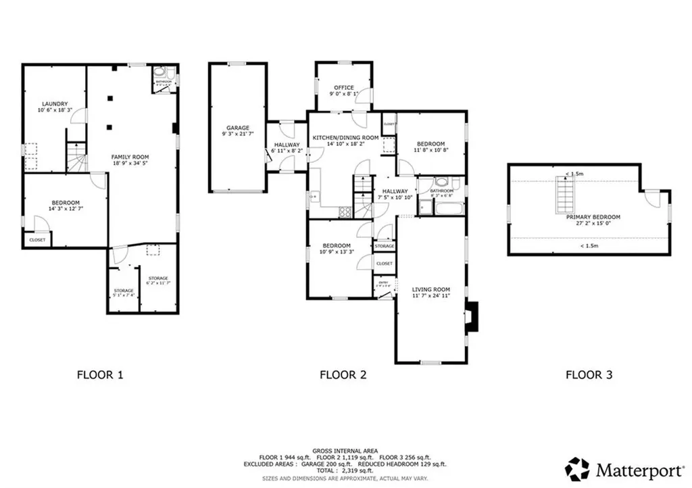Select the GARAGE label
[238, 128]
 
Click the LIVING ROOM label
[431, 289]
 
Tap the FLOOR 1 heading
[100, 373]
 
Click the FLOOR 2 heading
[343, 373]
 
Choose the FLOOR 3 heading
[589, 373]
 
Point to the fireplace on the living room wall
[474, 317]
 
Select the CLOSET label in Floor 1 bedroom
[37, 239]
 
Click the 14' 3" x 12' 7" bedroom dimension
[66, 209]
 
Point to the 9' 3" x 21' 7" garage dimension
[238, 134]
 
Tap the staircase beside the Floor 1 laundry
[76, 160]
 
